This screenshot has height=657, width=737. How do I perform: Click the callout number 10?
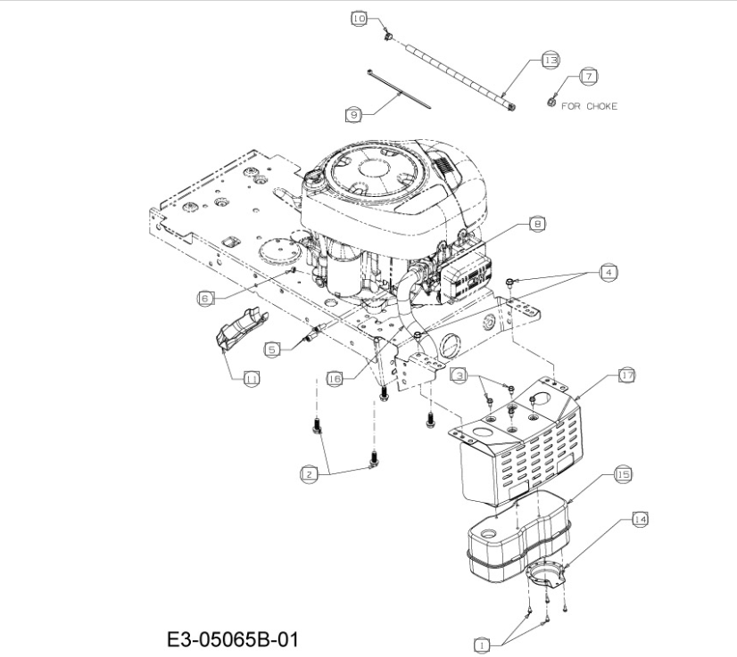pos(359,19)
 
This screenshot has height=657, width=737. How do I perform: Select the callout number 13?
pos(551,60)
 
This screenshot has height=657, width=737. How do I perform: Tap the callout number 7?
pos(589,76)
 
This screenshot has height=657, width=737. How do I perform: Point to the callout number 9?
pos(354,115)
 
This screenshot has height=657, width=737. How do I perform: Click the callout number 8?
pos(537,224)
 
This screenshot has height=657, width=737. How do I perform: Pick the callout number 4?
pos(609,273)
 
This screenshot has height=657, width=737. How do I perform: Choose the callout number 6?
pos(205,299)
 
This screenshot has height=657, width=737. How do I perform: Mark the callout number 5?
pos(272,349)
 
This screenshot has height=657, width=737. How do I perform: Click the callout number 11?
pos(252,379)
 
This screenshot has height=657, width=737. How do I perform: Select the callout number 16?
pos(335,379)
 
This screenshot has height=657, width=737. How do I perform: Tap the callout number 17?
pos(627,375)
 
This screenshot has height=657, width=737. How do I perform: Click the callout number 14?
pos(640,520)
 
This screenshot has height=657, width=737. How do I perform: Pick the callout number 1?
pos(481,645)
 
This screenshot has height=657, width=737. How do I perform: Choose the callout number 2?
pos(309,474)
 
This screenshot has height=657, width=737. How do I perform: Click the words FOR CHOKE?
pos(590,107)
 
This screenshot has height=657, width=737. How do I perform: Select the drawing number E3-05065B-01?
pos(233,640)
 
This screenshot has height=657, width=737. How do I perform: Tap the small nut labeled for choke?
pos(551,101)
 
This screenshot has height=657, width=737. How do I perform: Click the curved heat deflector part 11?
pos(241,329)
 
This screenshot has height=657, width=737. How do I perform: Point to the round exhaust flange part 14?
pos(545,572)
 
